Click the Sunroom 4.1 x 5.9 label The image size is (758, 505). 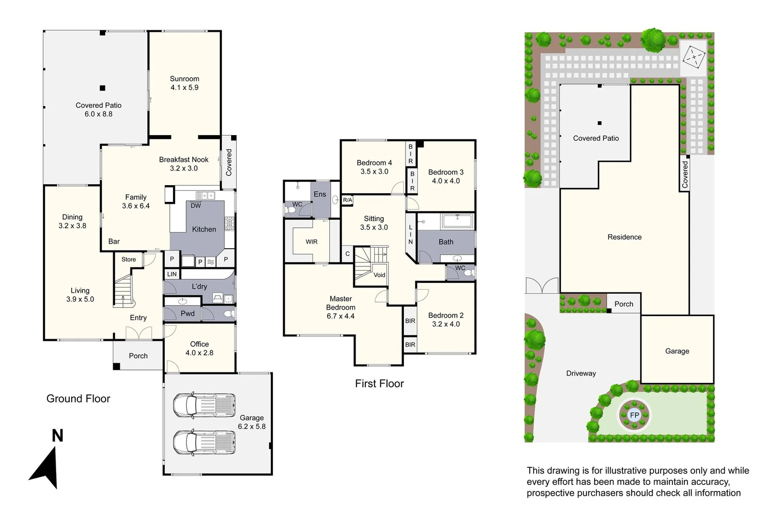click(x=184, y=83)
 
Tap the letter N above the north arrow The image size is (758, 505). click(x=57, y=436)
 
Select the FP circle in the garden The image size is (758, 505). click(x=634, y=415)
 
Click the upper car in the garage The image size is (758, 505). click(x=204, y=405)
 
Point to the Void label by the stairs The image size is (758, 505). click(x=379, y=275)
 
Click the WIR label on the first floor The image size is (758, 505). click(x=312, y=242)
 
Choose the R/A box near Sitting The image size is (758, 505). click(x=347, y=200)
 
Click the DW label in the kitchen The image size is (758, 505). click(x=196, y=206)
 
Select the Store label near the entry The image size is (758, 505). click(x=129, y=260)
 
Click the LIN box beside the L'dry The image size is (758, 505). click(x=172, y=274)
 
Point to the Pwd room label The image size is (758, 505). click(x=188, y=314)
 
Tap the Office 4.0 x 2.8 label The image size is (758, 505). click(x=199, y=348)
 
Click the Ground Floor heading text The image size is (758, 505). click(x=78, y=399)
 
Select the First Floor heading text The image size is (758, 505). click(x=379, y=384)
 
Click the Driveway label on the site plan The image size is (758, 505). click(x=581, y=373)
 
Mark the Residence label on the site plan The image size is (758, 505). click(x=624, y=237)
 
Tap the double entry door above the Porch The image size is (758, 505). click(x=138, y=332)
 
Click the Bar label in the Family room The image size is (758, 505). click(x=114, y=242)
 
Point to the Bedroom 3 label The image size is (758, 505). click(x=445, y=176)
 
